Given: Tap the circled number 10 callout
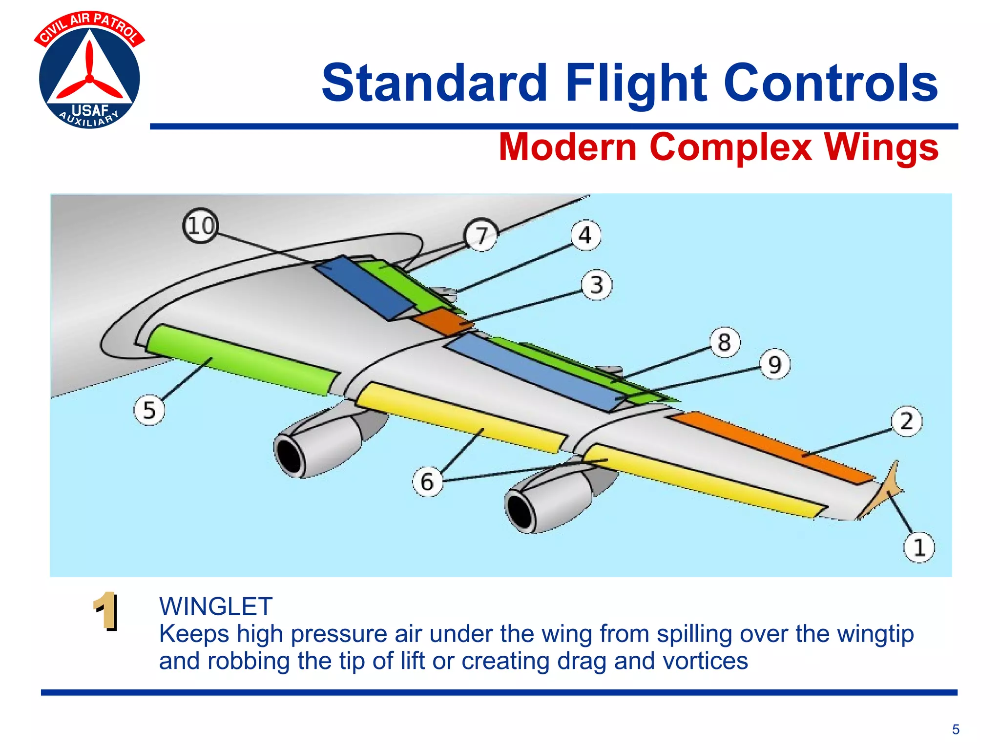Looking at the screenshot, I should pos(200,226).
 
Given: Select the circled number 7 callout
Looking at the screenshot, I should pos(481,235).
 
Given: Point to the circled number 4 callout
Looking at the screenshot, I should pos(585,236).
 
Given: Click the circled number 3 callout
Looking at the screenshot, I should pos(596,285).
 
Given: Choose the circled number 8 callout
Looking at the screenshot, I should pos(725,342).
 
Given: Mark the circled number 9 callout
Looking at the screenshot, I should pos(775,365).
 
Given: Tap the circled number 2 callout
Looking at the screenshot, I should pos(906,421).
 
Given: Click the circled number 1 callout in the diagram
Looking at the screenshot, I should pos(919,547).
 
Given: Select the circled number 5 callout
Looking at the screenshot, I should pos(149,410).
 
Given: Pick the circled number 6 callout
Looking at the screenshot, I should pos(427,482).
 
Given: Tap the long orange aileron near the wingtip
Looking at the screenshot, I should pos(771,447).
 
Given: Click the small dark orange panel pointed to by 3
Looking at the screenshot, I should pos(442,321).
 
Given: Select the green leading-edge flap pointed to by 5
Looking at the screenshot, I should pos(242,359).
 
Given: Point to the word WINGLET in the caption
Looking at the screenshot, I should pos(216,607).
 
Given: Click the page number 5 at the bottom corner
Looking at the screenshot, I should pos(956,729).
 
